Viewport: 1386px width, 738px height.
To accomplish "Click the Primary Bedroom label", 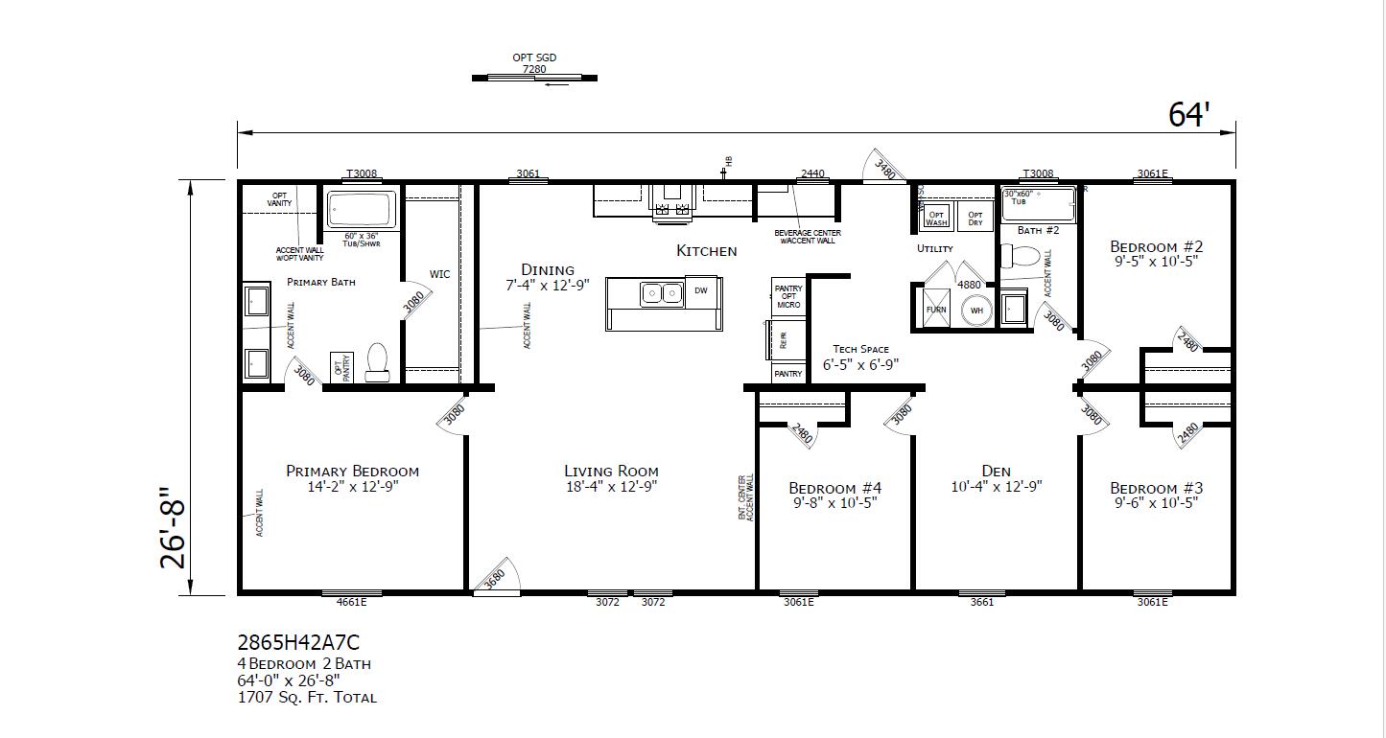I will [x=352, y=471].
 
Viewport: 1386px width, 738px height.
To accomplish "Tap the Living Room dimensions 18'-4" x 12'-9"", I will [x=611, y=487].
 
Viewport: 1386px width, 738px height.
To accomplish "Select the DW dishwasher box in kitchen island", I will [x=700, y=291].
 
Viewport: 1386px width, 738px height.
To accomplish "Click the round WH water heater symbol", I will [x=976, y=310].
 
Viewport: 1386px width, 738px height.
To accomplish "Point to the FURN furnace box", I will [x=935, y=310].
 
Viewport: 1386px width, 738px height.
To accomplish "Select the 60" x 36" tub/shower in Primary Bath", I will [x=361, y=209].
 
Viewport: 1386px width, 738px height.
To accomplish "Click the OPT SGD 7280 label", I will [x=534, y=63].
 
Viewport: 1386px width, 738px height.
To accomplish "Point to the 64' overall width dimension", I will [x=1188, y=115].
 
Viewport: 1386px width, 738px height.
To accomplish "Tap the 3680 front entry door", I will [x=497, y=579].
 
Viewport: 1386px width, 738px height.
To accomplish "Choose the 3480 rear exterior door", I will [x=884, y=168].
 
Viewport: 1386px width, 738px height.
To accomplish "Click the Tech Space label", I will [x=860, y=350].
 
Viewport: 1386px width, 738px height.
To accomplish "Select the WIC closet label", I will [x=439, y=274].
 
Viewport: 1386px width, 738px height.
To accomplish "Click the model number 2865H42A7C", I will [x=298, y=642].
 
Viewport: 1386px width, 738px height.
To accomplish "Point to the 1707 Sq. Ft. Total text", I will [x=307, y=698].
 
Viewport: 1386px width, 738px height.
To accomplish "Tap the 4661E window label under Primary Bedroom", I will [x=351, y=602].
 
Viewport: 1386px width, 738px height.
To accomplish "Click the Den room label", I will [x=996, y=471].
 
